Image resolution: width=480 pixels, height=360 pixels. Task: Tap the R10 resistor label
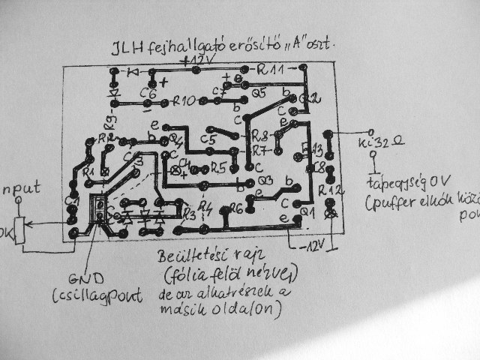point(184,100)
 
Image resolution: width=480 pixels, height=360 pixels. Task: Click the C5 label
point(208,139)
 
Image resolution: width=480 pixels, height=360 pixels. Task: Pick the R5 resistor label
point(218,167)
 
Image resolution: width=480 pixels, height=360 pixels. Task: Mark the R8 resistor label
point(260,138)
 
